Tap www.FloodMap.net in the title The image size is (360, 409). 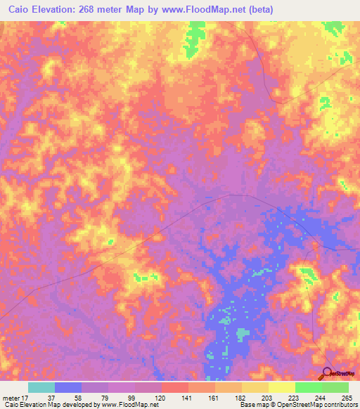click(196, 10)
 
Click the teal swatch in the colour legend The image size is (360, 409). click(41, 387)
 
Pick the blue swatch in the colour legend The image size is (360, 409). click(68, 387)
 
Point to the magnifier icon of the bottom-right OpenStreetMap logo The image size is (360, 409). click(326, 372)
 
